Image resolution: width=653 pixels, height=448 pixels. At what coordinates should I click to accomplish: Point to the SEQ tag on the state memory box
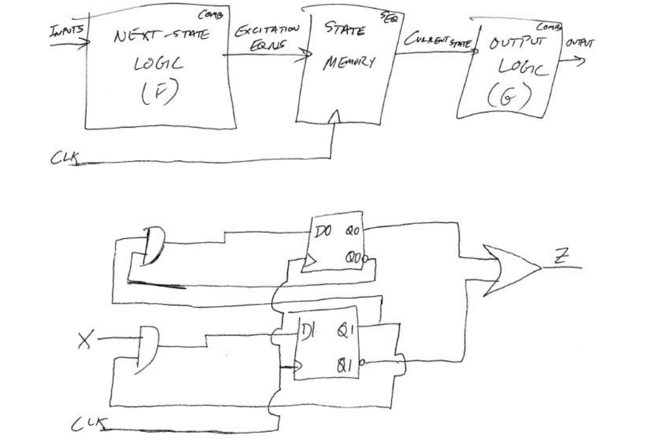(389, 18)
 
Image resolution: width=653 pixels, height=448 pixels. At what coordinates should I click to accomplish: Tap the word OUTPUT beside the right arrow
(579, 43)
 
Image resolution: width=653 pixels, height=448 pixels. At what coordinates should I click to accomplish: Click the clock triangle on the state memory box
(335, 116)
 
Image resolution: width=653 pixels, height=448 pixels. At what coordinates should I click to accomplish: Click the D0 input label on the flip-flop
(323, 232)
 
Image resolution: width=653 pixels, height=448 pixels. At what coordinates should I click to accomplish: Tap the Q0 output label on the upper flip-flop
(352, 231)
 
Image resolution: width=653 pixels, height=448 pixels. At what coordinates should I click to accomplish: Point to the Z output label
(561, 257)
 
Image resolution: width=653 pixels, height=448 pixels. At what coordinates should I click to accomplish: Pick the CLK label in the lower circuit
(89, 424)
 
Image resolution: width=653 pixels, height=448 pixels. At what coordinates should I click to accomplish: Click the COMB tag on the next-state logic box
(210, 15)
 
